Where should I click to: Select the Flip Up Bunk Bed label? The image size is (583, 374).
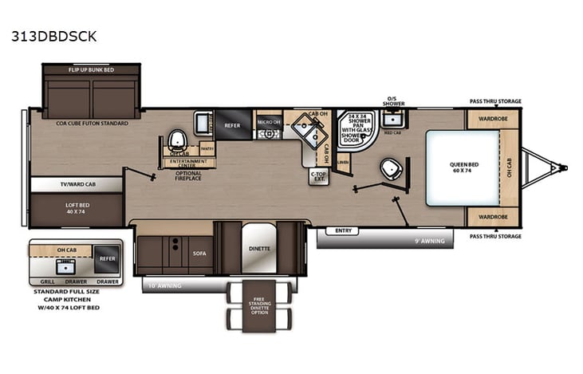(x=92, y=70)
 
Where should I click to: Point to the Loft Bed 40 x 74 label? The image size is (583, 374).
(x=76, y=207)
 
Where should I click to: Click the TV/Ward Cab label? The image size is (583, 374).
(x=77, y=183)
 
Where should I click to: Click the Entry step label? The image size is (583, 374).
(x=344, y=231)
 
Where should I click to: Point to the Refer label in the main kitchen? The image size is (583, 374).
(x=232, y=124)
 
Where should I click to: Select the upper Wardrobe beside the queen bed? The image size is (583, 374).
(x=492, y=119)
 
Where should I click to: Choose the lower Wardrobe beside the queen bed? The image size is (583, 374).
(x=492, y=215)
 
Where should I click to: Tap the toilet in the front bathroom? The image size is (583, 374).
(x=389, y=168)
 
